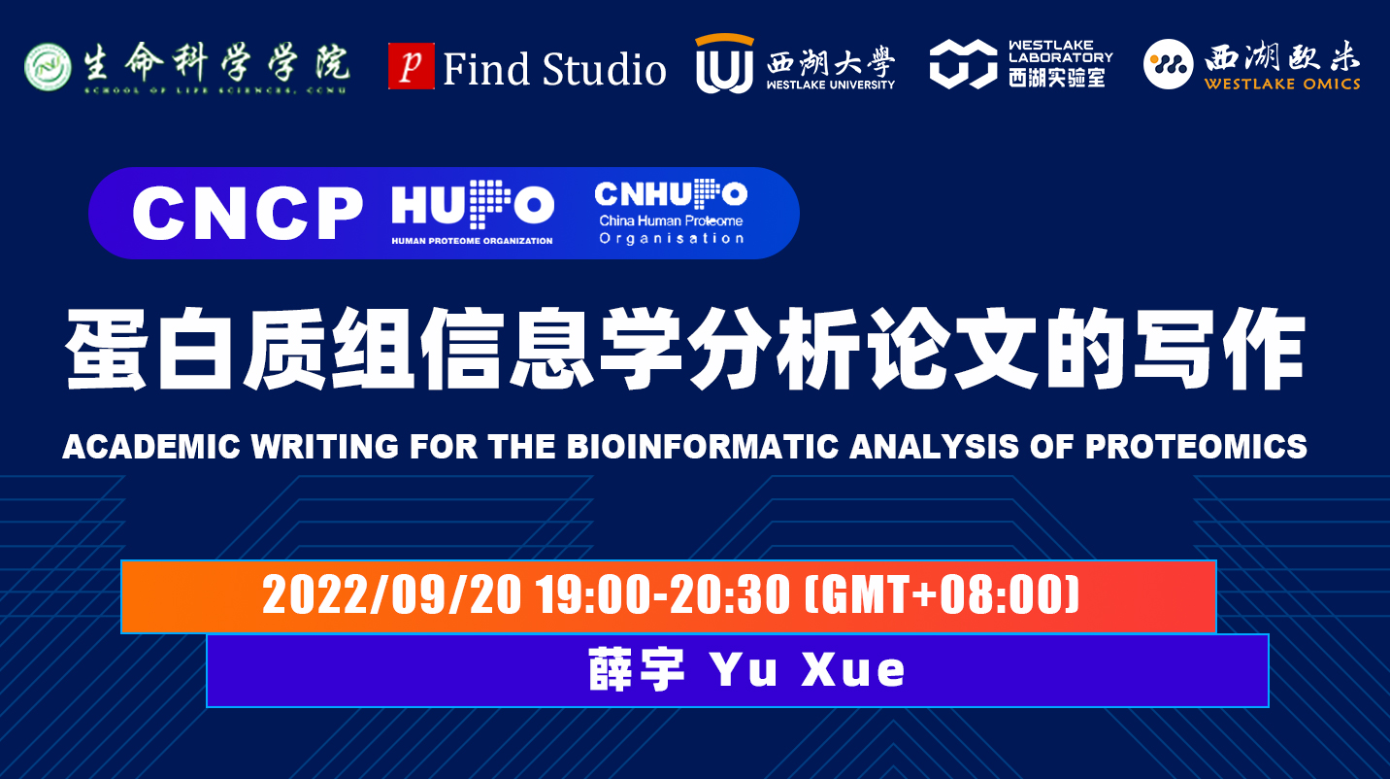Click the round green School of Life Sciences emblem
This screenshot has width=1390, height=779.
tap(48, 66)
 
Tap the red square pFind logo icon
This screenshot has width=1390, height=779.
tap(412, 66)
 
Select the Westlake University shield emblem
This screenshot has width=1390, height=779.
tap(724, 63)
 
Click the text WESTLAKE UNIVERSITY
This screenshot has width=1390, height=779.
tap(830, 85)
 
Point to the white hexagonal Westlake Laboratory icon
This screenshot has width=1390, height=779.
tap(963, 64)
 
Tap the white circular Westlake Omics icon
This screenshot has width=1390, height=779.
tap(1169, 64)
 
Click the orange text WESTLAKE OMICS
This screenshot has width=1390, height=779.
tap(1282, 84)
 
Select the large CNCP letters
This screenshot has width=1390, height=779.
tap(248, 213)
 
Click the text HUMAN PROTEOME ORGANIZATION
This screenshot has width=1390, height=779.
tap(472, 241)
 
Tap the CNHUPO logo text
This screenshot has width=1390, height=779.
tap(671, 193)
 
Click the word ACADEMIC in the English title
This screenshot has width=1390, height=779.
tap(151, 446)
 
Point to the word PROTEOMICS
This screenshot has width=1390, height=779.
tap(1196, 446)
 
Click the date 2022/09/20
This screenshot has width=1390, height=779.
tap(391, 594)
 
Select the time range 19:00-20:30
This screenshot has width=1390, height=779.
tap(663, 594)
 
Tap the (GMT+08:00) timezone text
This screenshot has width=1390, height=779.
tap(942, 594)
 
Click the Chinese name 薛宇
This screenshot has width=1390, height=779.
tap(637, 669)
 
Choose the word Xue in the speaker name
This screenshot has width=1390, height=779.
tap(853, 669)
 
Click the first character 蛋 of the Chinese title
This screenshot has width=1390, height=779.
tap(107, 349)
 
